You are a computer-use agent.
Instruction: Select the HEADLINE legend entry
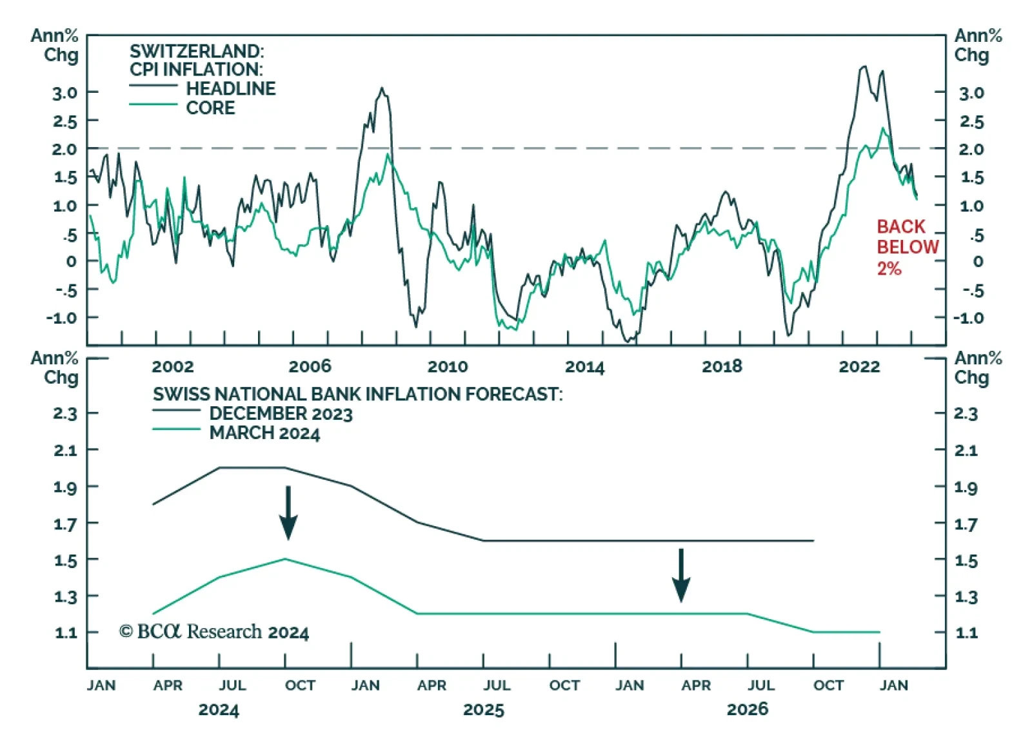pos(230,88)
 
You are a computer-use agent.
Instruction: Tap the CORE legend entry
pos(210,108)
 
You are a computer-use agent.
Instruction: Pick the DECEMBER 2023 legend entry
pos(281,413)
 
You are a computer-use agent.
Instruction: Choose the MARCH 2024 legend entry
pos(264,433)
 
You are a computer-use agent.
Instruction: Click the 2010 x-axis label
pos(447,366)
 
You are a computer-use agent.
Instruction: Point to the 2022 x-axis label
pos(858,366)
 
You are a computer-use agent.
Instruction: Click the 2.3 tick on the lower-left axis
pos(65,413)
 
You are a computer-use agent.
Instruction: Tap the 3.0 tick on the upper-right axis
pos(971,93)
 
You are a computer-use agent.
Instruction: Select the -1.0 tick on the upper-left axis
pos(63,318)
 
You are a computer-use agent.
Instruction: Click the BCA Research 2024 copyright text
pos(213,632)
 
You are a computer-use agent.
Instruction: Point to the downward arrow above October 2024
pos(288,513)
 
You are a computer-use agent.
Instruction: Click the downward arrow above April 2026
pos(681,575)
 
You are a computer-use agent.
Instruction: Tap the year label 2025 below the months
pos(483,710)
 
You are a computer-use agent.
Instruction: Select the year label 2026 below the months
pos(747,709)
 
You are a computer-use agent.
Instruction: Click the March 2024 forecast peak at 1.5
pos(285,559)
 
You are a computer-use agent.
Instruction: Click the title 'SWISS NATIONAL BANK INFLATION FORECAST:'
pos(357,394)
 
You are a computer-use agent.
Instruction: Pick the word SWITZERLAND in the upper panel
pos(197,51)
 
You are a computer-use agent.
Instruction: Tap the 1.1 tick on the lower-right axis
pos(966,633)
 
